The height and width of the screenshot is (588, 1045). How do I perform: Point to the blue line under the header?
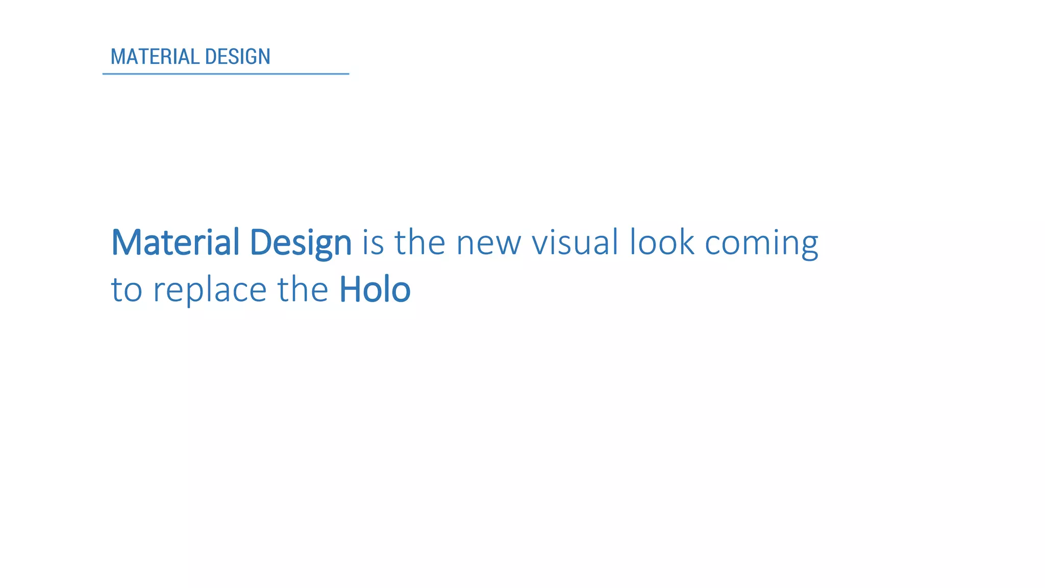[x=226, y=74]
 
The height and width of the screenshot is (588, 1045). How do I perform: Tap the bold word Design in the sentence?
[x=301, y=243]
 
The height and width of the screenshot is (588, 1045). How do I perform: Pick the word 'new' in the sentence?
[x=488, y=243]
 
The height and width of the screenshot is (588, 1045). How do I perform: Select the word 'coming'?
[x=761, y=243]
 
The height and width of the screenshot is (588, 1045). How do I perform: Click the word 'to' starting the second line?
[x=126, y=290]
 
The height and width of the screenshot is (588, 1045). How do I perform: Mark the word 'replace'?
[x=210, y=290]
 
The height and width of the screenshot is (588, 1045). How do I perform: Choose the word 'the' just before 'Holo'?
[x=303, y=289]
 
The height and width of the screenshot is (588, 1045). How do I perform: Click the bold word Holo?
[x=375, y=289]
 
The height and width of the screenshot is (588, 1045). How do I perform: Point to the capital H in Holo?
[x=352, y=289]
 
